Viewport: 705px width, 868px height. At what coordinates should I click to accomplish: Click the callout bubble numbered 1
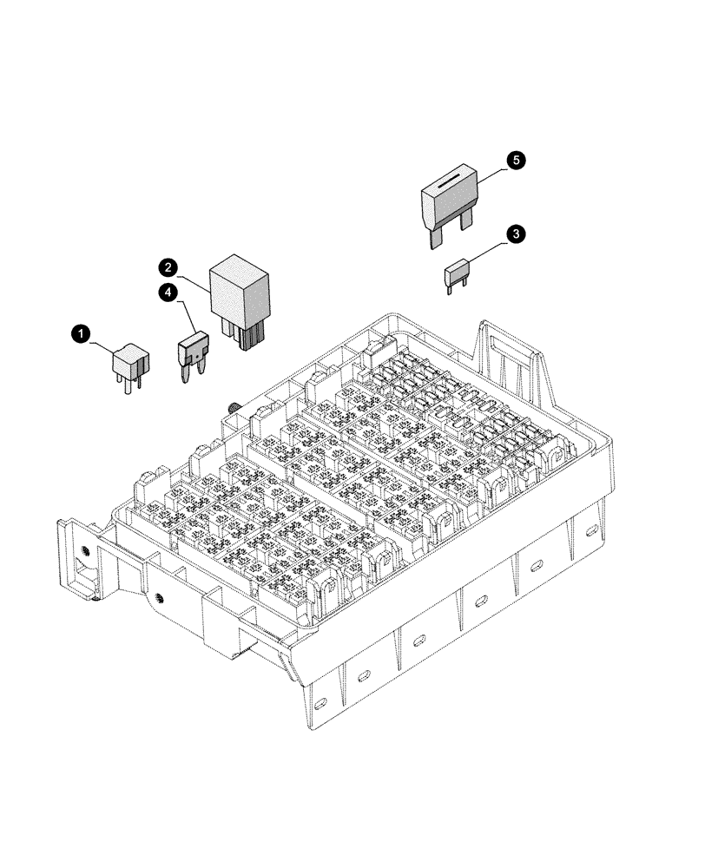click(x=80, y=333)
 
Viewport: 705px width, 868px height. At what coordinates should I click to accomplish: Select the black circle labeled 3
click(x=516, y=233)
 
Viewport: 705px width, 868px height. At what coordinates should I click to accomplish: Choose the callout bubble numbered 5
click(x=516, y=161)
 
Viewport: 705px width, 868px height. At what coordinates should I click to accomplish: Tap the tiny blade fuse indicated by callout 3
click(x=458, y=274)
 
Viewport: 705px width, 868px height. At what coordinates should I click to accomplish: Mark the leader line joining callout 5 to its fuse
click(x=491, y=171)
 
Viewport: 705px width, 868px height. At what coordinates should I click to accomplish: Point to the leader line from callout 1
click(x=101, y=342)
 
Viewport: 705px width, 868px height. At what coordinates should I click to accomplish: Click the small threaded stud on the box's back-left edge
click(x=234, y=406)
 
